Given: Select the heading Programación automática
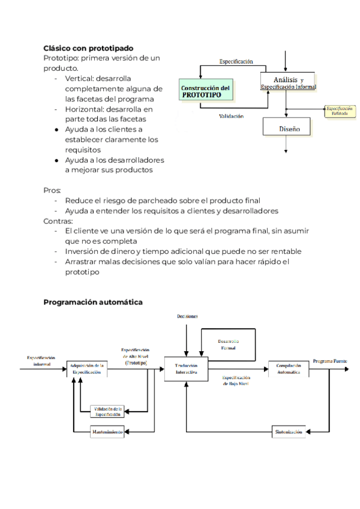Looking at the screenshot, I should pyautogui.click(x=93, y=302).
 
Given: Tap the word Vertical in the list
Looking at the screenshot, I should pyautogui.click(x=80, y=79).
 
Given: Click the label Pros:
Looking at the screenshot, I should pyautogui.click(x=52, y=190).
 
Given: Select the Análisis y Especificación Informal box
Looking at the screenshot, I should pyautogui.click(x=288, y=83).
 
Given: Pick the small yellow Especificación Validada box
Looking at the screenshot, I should pyautogui.click(x=339, y=112).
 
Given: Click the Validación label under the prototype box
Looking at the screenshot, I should pyautogui.click(x=231, y=116).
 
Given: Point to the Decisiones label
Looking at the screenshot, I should pyautogui.click(x=188, y=316).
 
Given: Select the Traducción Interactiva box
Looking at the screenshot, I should pyautogui.click(x=185, y=368).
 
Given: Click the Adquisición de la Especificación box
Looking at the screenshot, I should pyautogui.click(x=88, y=368).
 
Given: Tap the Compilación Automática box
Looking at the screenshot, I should pyautogui.click(x=289, y=368).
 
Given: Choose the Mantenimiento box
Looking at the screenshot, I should pyautogui.click(x=107, y=432).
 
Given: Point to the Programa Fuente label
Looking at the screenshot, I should pyautogui.click(x=329, y=361).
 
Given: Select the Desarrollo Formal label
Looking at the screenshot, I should pyautogui.click(x=229, y=345).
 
